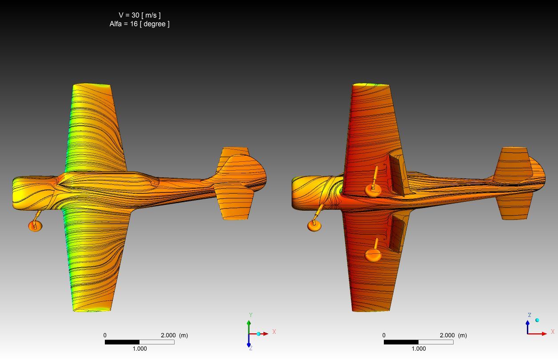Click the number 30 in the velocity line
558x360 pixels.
point(135,15)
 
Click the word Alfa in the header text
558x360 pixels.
point(116,24)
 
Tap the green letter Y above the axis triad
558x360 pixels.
point(251,315)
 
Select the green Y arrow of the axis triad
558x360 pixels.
point(249,327)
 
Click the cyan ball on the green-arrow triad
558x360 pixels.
point(259,334)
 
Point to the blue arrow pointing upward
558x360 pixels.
point(528,327)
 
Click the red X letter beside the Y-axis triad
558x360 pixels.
point(274,332)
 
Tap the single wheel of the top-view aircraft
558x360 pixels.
point(35,226)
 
